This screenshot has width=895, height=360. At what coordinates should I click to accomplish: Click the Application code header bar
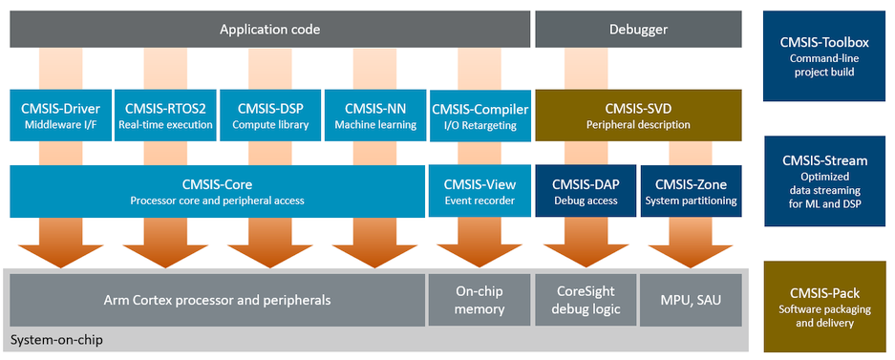click(x=270, y=29)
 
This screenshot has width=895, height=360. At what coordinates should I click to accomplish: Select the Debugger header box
click(x=638, y=29)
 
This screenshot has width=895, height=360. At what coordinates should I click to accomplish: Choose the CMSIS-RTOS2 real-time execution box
click(x=164, y=115)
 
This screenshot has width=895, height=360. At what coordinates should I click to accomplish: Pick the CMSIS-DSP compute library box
click(x=270, y=115)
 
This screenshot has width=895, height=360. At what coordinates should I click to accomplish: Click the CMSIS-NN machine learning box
click(x=375, y=115)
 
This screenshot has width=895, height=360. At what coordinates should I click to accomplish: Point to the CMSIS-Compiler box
click(x=479, y=115)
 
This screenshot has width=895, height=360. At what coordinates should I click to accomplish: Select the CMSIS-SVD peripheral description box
click(x=638, y=115)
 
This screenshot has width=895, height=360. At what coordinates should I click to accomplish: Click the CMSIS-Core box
click(x=218, y=191)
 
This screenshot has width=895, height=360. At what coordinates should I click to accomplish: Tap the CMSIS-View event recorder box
click(x=479, y=191)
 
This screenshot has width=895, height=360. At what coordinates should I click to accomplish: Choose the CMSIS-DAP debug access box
click(x=586, y=191)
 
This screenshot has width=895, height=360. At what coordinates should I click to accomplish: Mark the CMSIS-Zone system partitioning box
click(x=692, y=191)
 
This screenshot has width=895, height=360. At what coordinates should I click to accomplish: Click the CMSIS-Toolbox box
click(x=823, y=56)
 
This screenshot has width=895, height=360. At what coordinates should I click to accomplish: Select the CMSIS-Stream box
click(x=823, y=180)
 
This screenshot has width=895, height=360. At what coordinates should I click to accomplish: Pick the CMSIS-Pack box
click(x=823, y=307)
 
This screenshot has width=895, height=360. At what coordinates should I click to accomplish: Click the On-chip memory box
click(x=479, y=300)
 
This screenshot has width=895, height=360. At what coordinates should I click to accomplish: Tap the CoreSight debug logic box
click(x=586, y=300)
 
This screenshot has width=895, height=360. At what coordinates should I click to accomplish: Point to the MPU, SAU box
click(x=692, y=300)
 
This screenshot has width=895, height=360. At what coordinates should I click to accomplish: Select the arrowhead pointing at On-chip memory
click(x=479, y=256)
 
